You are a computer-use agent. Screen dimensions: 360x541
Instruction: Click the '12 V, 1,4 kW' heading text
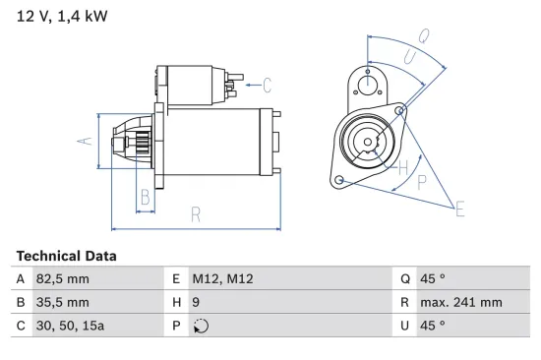(x=58, y=15)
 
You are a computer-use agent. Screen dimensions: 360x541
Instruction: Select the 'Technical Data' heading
(x=66, y=256)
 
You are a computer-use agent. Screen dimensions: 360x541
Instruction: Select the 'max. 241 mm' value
(x=462, y=302)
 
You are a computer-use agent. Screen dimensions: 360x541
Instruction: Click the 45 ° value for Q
(x=434, y=279)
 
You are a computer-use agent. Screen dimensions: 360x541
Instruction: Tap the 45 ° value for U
(x=434, y=325)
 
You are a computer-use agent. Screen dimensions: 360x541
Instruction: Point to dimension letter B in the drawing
(x=145, y=196)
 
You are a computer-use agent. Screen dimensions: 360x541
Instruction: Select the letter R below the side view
(x=196, y=213)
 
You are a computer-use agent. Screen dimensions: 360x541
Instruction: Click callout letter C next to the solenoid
(x=268, y=85)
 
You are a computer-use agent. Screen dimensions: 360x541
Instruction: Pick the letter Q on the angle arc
(x=422, y=37)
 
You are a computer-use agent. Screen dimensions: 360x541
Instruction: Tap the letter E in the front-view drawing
(x=459, y=207)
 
